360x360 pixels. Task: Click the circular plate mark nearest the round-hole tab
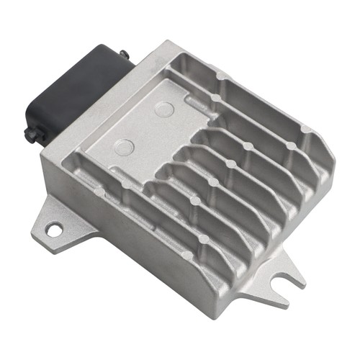(125, 146)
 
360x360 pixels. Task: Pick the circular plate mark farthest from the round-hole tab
(163, 110)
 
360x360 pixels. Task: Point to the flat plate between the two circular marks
(144, 128)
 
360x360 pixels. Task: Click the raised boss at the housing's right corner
(305, 130)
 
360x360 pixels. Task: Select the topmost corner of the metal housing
(168, 43)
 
